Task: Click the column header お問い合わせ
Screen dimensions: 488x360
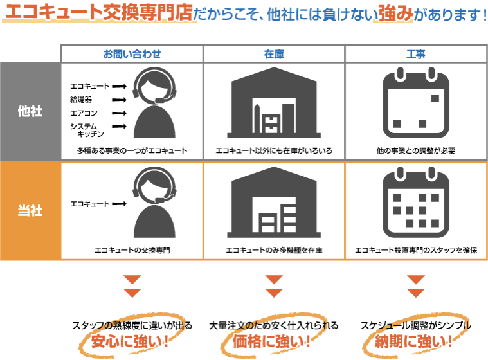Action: (x=132, y=54)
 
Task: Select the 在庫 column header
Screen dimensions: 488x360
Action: (x=274, y=54)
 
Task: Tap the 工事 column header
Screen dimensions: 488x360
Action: (x=416, y=54)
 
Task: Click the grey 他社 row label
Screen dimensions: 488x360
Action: (x=30, y=111)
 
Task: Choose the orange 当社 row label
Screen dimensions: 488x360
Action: (x=30, y=211)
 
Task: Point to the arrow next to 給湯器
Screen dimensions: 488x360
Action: (x=119, y=100)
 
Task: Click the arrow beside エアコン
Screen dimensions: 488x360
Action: (x=119, y=113)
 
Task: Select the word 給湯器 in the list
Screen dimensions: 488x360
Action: (x=81, y=100)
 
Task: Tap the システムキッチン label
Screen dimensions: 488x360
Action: (x=87, y=130)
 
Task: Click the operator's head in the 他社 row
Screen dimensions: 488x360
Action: (x=154, y=87)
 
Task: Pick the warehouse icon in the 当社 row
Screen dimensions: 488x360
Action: (x=274, y=203)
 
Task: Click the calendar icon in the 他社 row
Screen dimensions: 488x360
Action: (x=416, y=103)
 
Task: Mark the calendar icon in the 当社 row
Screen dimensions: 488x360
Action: (x=416, y=203)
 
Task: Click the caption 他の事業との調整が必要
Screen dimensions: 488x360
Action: (x=416, y=151)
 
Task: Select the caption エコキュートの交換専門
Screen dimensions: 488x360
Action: (x=132, y=250)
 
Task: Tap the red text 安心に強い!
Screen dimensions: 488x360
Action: (x=130, y=341)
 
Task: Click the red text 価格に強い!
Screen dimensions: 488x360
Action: (x=272, y=341)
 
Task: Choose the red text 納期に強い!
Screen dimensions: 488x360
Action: (x=413, y=341)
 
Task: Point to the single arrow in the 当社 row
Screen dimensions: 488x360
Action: (x=119, y=204)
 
